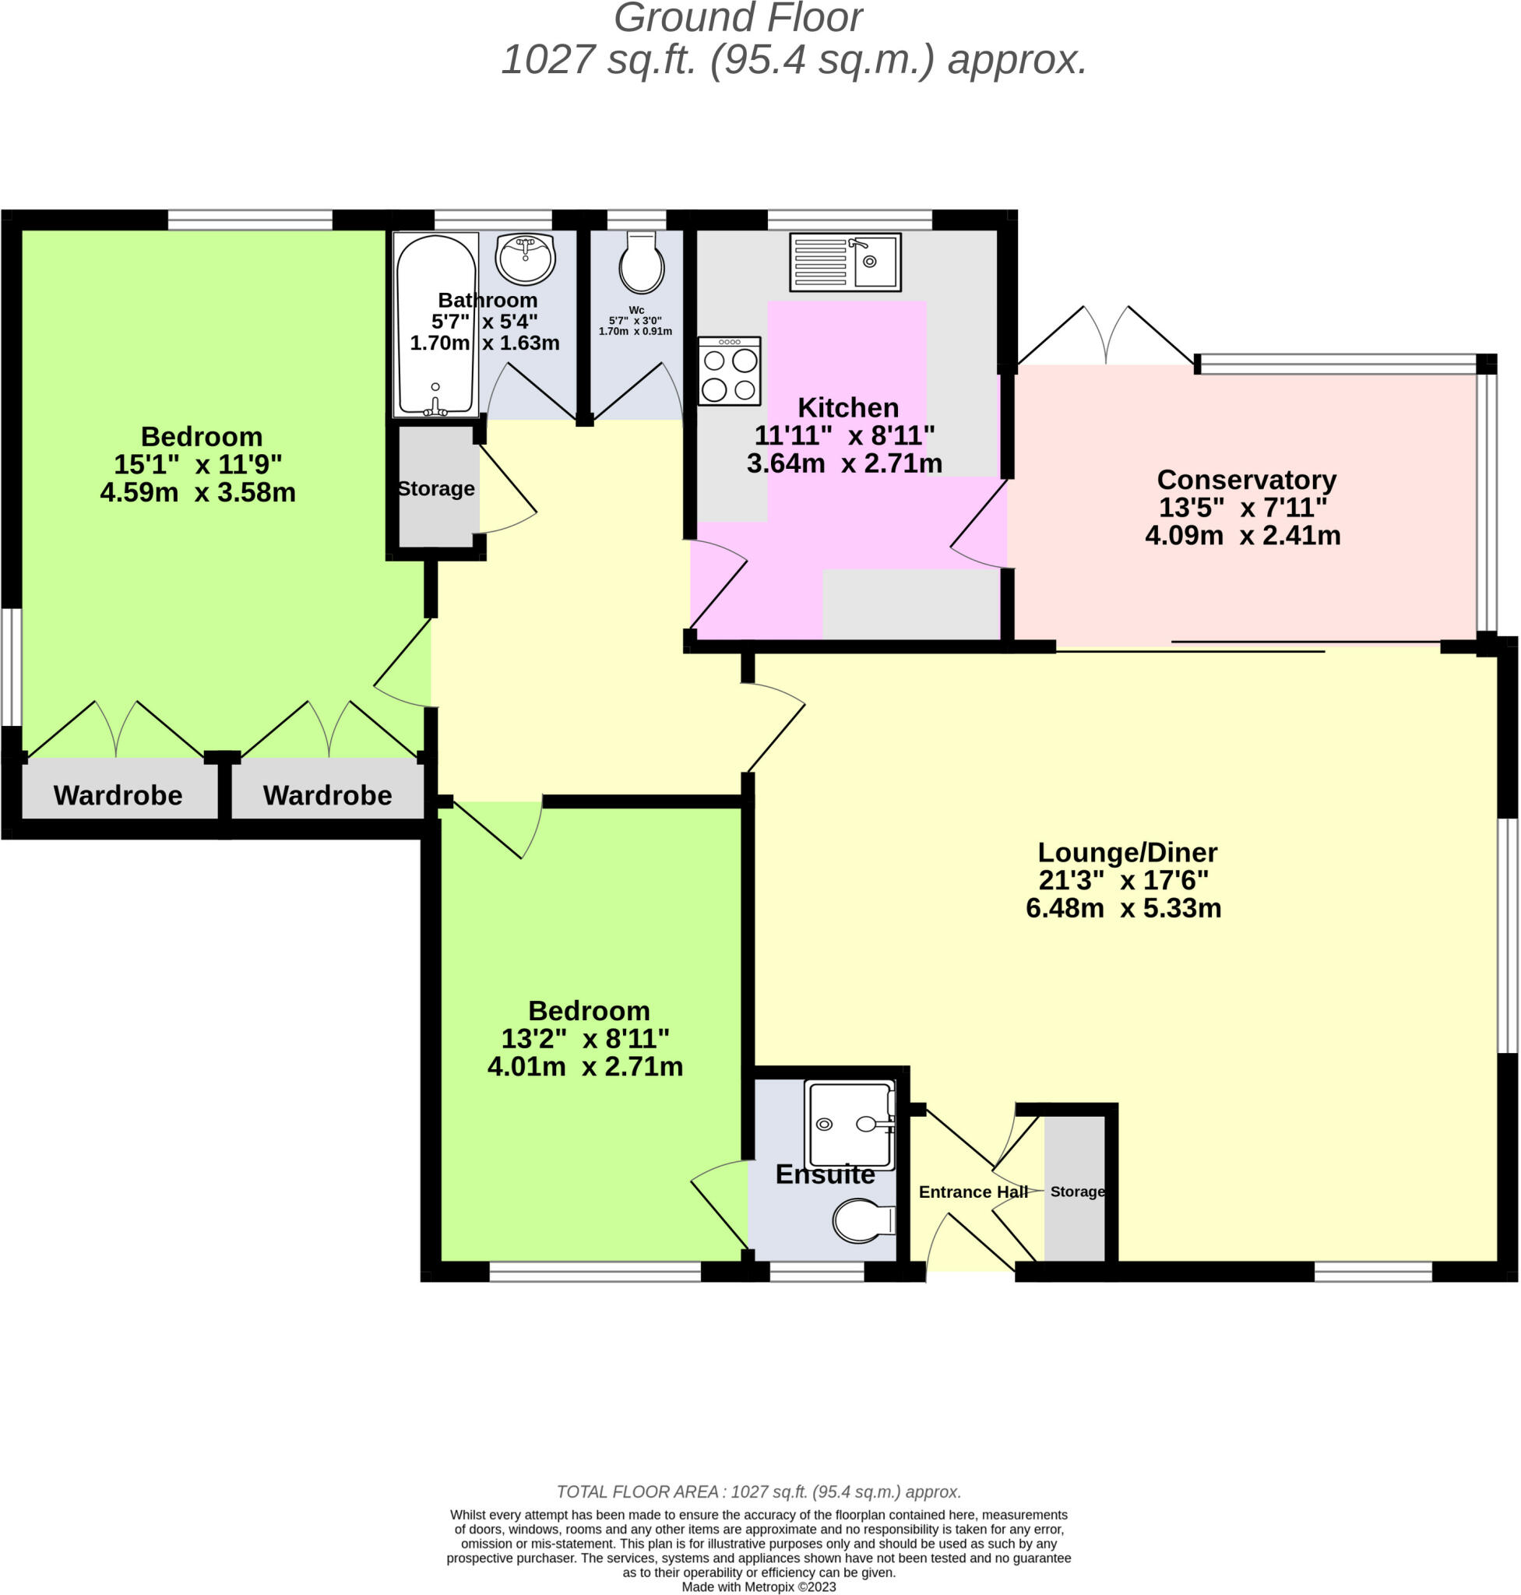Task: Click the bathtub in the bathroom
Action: (435, 324)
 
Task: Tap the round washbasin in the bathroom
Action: (526, 259)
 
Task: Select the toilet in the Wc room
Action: (641, 262)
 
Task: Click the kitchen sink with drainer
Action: (845, 262)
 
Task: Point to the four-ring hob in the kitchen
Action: (730, 371)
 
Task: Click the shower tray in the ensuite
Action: (850, 1125)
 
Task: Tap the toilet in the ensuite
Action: (864, 1221)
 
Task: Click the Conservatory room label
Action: (1246, 479)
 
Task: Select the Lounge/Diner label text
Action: (1127, 852)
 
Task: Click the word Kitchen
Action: (848, 407)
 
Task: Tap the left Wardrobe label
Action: (118, 794)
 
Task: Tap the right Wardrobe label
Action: (328, 794)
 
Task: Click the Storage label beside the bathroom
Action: (436, 488)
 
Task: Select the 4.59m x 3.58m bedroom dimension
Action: (198, 492)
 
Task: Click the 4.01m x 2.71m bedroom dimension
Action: (586, 1066)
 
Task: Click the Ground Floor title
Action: (738, 18)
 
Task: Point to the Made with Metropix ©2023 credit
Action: (759, 1587)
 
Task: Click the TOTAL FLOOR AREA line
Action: (759, 1492)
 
